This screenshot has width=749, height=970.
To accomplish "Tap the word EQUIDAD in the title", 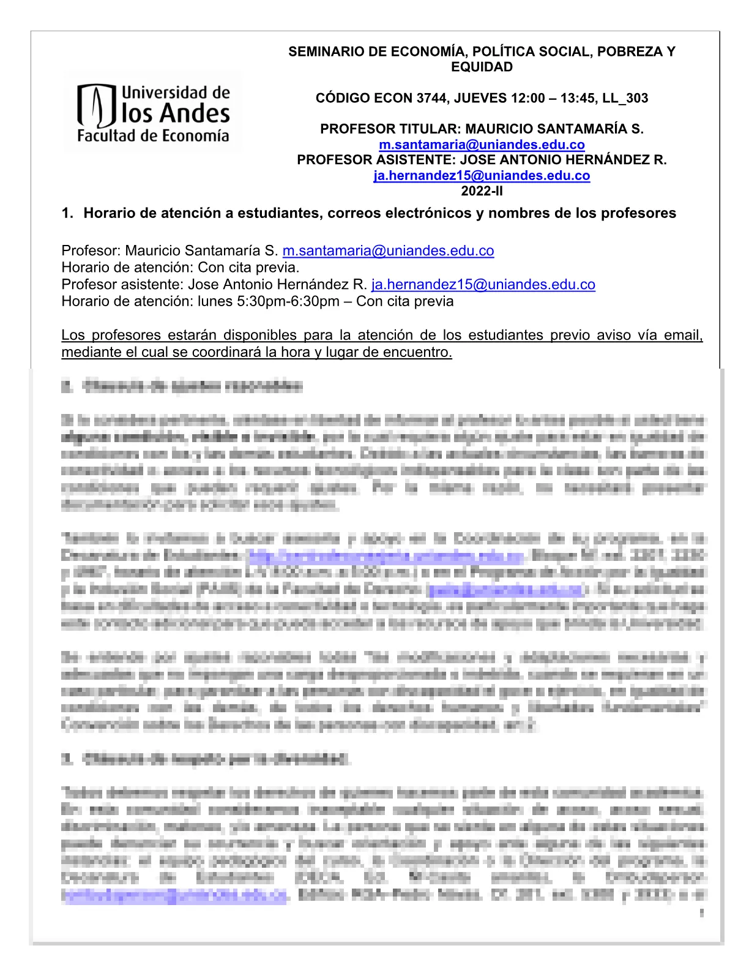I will (482, 67).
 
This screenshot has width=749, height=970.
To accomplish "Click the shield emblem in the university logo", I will (96, 106).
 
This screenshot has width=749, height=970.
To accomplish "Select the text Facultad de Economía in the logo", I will (153, 136).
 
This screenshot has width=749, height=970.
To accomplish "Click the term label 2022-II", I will (482, 191).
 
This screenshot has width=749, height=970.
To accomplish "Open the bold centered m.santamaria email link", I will (482, 145).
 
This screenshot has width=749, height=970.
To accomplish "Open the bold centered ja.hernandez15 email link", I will (482, 176).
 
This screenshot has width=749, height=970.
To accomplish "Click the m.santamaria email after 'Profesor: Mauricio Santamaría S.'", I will (388, 251).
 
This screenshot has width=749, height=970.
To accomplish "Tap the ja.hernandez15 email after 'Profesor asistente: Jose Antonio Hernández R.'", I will (483, 285).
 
